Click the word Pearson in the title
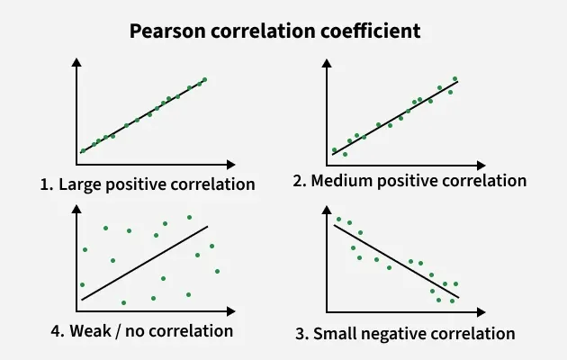[x=165, y=31]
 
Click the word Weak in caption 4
[x=81, y=330]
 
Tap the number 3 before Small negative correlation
[x=300, y=334]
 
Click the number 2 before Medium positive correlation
[x=299, y=181]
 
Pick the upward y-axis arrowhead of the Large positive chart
[x=77, y=62]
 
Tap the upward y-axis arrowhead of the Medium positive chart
[x=327, y=63]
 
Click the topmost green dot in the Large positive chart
[x=205, y=79]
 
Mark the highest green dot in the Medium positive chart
[x=454, y=78]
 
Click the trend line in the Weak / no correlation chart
[x=144, y=263]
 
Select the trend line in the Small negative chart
[x=396, y=261]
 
